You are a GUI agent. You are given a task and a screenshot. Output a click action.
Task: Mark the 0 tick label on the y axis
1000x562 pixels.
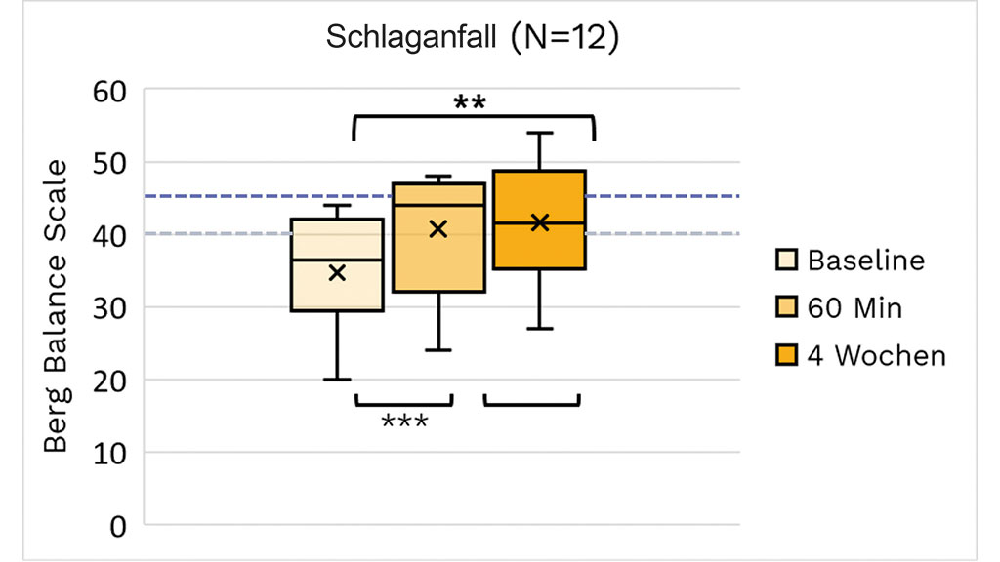(x=117, y=526)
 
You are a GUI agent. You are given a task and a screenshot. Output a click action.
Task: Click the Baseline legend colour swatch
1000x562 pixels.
(x=787, y=261)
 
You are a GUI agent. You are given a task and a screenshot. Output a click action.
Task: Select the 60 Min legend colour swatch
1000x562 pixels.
(x=787, y=308)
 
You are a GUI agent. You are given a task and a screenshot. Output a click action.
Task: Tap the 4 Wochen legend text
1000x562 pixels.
(x=876, y=355)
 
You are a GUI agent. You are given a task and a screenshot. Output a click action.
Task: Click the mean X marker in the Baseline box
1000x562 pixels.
(x=337, y=273)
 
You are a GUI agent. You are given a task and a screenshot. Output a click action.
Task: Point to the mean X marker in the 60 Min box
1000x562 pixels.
(x=438, y=229)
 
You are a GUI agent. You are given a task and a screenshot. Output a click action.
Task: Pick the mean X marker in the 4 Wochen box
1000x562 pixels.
(x=539, y=222)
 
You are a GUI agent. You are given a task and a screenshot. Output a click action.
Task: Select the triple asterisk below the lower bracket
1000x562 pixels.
(x=404, y=422)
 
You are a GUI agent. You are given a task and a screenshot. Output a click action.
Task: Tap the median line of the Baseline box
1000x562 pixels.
(x=337, y=260)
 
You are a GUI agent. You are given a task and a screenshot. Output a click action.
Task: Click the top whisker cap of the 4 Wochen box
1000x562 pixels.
(x=539, y=133)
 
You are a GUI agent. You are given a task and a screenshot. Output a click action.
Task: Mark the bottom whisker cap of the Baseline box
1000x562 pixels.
(x=337, y=380)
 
